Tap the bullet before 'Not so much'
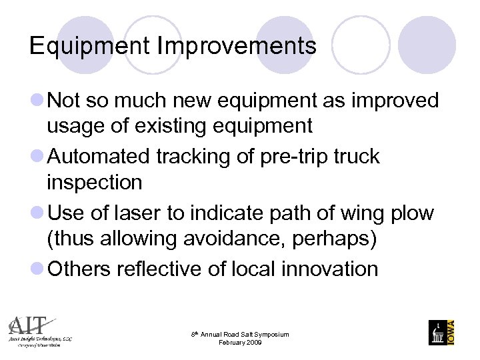click(38, 101)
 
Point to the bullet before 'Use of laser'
click(38, 213)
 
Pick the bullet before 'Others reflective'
click(38, 269)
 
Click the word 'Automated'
click(99, 157)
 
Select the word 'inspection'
click(94, 181)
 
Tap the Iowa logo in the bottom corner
click(441, 331)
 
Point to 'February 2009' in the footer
click(240, 342)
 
